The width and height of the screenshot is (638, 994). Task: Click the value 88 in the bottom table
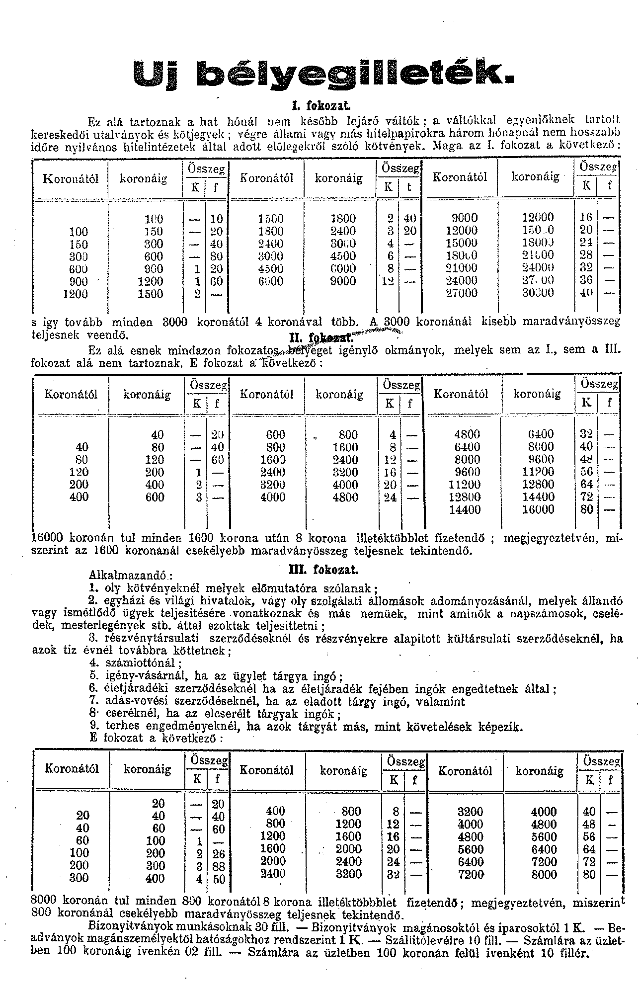218,866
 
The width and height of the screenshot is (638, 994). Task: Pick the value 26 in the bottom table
218,854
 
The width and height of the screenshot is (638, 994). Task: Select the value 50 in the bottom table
218,879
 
